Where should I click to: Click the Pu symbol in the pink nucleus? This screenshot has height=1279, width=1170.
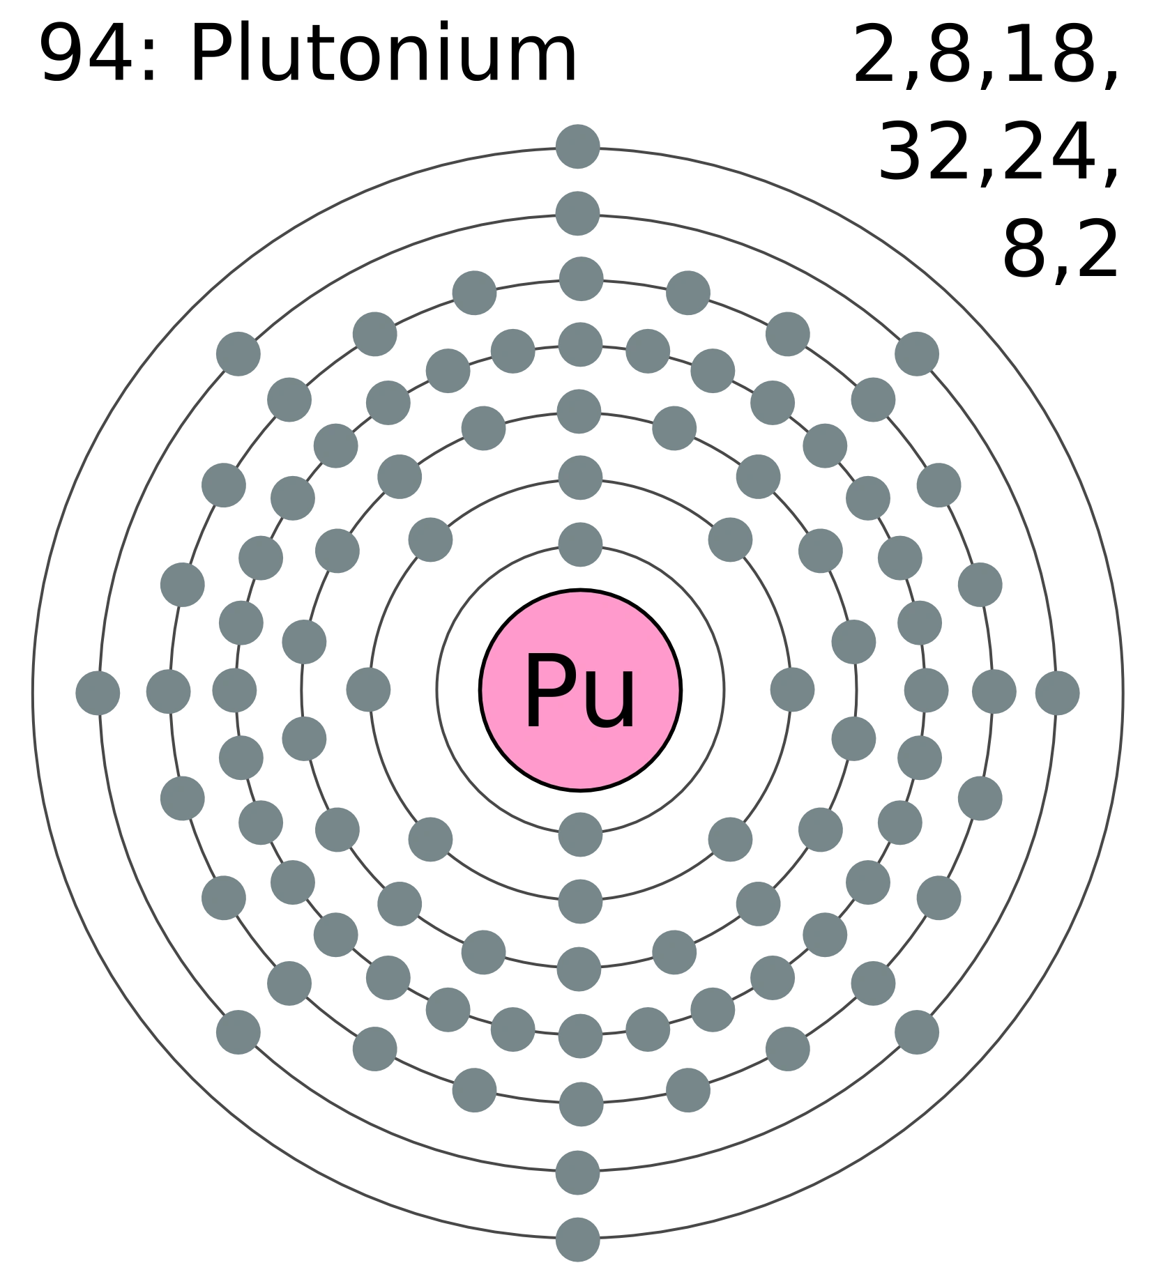(579, 691)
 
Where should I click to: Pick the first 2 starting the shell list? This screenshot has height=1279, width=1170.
(879, 53)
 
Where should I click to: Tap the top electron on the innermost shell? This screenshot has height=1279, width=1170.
(580, 543)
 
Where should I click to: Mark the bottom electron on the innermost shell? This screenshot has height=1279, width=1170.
(580, 833)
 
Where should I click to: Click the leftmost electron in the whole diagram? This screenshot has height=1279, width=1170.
(98, 694)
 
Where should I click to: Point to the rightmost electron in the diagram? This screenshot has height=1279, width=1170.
(1057, 694)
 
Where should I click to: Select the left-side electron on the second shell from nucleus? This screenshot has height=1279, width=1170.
(370, 690)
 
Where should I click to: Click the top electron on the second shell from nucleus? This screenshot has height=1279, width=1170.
(580, 477)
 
